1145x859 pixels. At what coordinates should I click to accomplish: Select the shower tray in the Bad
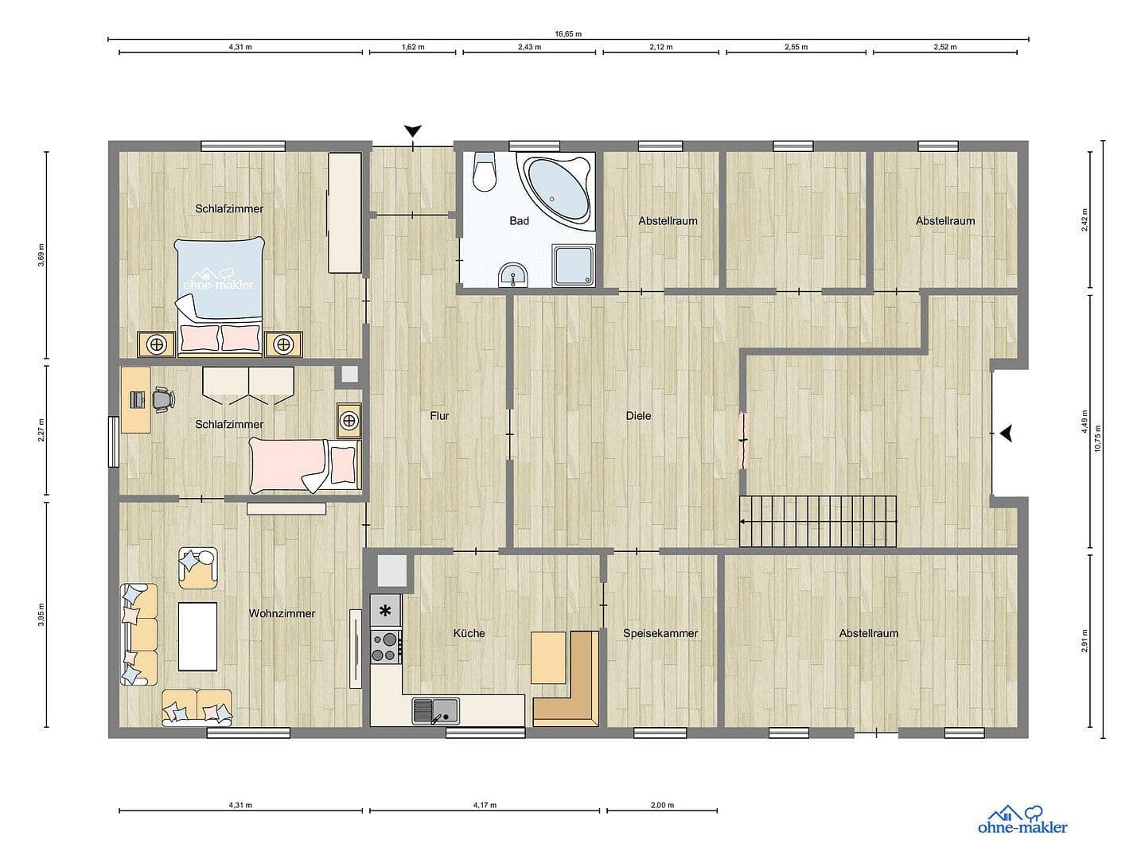(574, 265)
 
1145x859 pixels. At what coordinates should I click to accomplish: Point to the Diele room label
(638, 415)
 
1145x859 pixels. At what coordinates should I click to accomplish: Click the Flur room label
(439, 415)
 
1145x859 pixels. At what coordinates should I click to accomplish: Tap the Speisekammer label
(660, 633)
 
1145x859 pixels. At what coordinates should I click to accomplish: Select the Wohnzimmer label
(282, 613)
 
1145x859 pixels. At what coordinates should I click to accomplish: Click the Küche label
(469, 633)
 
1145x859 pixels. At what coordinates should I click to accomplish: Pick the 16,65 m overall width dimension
(568, 34)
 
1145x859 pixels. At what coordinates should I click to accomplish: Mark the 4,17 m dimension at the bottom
(484, 805)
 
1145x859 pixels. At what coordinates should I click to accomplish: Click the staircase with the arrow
(818, 521)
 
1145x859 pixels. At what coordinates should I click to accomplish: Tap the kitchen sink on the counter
(435, 709)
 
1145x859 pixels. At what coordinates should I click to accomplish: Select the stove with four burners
(386, 645)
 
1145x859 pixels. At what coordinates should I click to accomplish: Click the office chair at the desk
(163, 398)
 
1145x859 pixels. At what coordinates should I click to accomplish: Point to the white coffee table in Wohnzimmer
(197, 636)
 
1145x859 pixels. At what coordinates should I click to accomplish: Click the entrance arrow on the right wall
(1007, 433)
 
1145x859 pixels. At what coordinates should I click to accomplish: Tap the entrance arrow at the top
(412, 130)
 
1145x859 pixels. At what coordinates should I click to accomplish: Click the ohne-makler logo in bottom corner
(1022, 821)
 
